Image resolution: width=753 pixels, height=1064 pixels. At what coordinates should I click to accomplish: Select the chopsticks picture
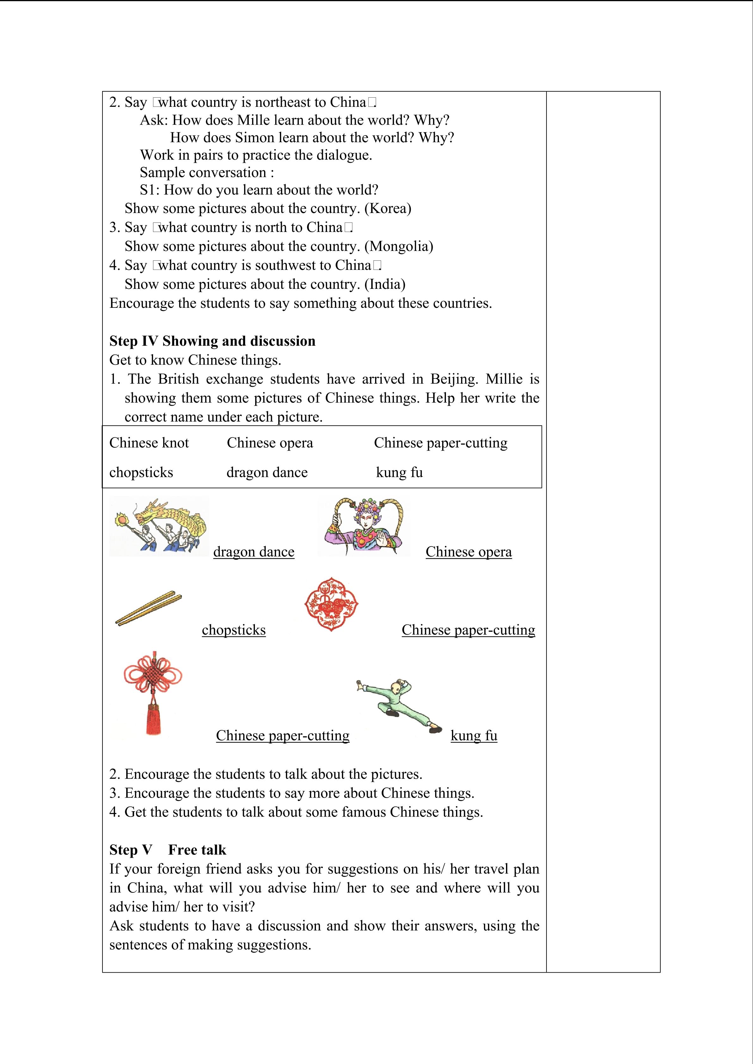[x=148, y=608]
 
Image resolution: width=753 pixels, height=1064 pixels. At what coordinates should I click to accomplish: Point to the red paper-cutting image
[x=331, y=604]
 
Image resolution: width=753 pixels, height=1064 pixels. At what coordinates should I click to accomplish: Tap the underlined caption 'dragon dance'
[x=254, y=552]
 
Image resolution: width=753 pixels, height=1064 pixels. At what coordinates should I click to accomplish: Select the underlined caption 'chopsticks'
[x=234, y=630]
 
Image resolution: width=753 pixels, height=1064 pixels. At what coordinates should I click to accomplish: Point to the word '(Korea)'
[x=388, y=209]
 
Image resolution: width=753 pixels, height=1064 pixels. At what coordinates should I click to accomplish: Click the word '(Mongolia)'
[x=399, y=246]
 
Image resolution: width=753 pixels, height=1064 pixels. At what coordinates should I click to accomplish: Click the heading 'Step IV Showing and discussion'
[x=212, y=341]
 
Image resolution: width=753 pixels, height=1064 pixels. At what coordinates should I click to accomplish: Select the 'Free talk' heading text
[x=197, y=850]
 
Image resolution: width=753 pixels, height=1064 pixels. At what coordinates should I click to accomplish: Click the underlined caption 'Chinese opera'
[x=468, y=552]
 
